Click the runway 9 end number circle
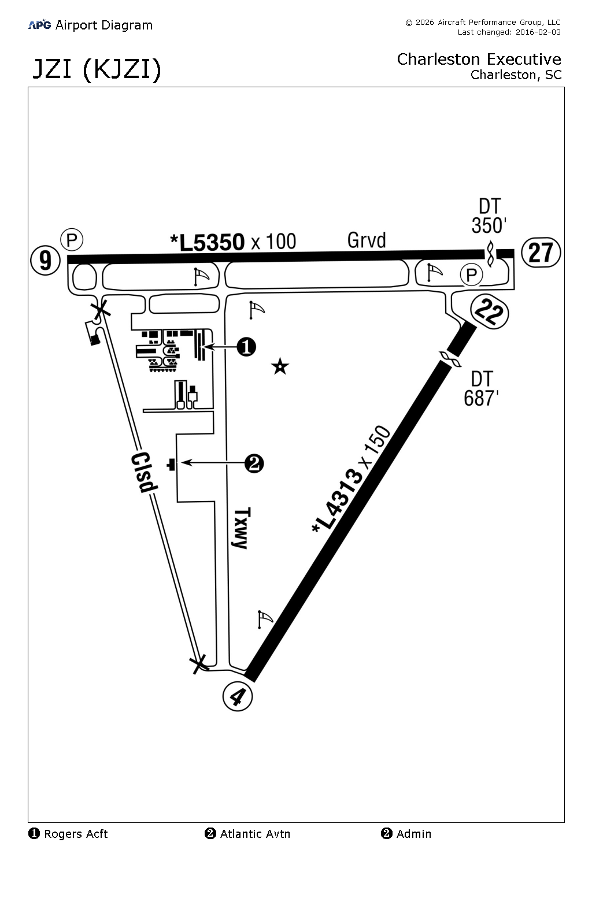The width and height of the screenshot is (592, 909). [x=46, y=260]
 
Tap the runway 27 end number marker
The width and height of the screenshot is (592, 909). [x=541, y=253]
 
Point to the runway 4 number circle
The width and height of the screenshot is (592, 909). [x=238, y=696]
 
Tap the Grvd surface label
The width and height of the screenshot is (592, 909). [x=367, y=240]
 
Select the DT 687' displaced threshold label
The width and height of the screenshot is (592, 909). [x=482, y=388]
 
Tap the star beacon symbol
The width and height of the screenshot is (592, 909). [x=280, y=366]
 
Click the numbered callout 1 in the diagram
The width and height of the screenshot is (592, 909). [x=247, y=347]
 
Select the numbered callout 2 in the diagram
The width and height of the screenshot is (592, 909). [x=254, y=463]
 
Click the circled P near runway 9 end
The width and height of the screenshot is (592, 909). [x=72, y=239]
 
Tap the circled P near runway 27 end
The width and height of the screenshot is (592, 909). [x=471, y=275]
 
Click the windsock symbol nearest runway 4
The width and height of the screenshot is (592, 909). [x=264, y=619]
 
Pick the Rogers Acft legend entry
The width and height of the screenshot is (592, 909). [x=68, y=834]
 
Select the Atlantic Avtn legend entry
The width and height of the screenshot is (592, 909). [x=247, y=834]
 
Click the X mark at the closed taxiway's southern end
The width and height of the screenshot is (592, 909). [x=199, y=664]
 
